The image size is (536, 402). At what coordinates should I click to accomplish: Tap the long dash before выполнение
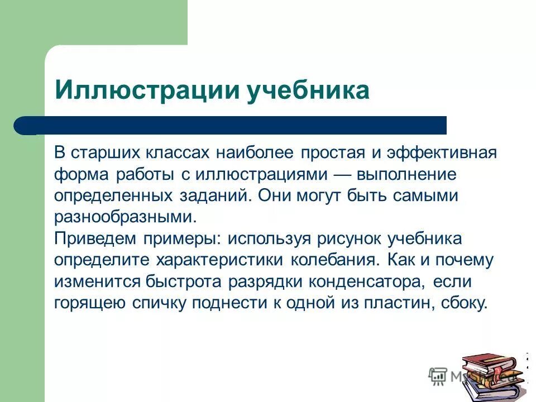click(x=341, y=174)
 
